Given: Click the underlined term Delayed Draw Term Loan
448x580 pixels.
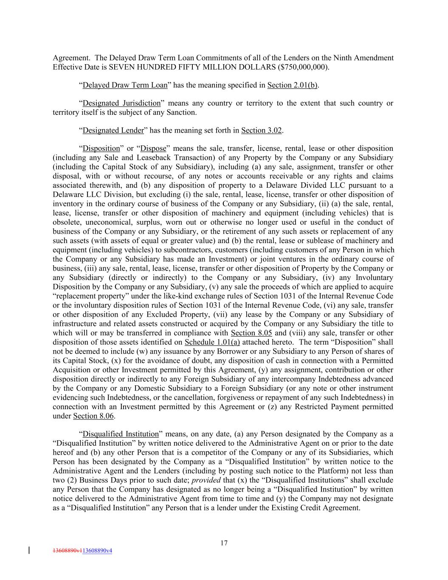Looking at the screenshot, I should (125, 85).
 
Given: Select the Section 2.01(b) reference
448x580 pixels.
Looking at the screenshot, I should (293, 85).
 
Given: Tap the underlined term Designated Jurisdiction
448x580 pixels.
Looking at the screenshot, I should (121, 103).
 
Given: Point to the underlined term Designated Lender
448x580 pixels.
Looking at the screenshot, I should (113, 130).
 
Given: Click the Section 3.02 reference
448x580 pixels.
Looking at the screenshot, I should (262, 130).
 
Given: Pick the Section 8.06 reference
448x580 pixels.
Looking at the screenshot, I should (93, 416).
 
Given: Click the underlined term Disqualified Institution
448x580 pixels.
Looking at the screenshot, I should (121, 434).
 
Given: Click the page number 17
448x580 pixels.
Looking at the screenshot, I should (224, 543).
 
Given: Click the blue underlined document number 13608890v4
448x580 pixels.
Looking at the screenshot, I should (97, 551).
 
